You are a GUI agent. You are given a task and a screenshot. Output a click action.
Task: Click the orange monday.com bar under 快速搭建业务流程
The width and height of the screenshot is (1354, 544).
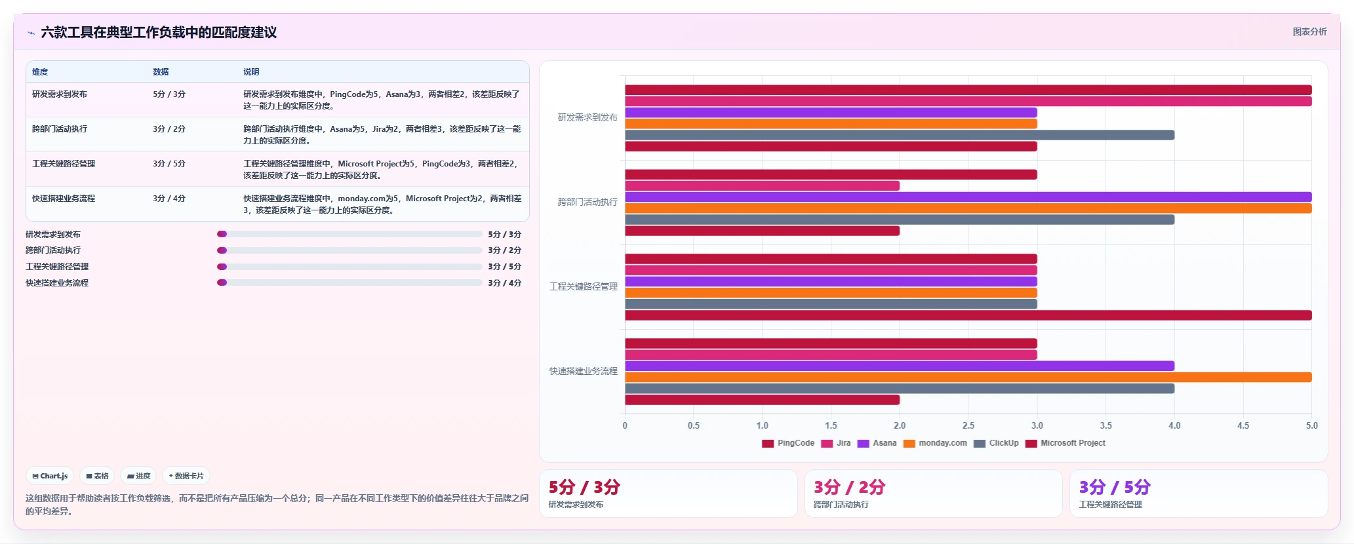968,378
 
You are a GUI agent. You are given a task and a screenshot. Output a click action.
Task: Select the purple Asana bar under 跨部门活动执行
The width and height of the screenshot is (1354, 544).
968,197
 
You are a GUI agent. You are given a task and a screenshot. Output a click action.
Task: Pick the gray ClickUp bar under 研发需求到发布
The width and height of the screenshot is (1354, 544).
900,135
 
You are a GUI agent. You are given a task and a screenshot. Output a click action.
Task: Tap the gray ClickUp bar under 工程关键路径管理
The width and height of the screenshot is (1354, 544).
831,304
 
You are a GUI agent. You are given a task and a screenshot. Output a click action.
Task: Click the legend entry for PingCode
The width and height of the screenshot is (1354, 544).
788,443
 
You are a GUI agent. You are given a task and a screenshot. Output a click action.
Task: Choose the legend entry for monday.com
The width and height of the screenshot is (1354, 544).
935,443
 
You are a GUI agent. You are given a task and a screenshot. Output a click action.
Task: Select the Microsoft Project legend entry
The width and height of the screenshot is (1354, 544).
1065,443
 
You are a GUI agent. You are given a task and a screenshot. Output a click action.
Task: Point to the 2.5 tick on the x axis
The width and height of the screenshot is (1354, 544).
968,425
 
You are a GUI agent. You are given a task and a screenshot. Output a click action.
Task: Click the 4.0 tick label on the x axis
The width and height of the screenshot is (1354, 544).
1174,425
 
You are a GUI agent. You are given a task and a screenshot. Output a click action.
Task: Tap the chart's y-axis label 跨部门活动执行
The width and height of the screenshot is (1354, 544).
587,202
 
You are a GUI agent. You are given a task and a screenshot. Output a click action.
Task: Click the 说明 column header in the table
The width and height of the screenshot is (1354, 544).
251,72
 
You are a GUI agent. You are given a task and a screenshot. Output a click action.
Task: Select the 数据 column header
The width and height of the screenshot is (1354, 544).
161,72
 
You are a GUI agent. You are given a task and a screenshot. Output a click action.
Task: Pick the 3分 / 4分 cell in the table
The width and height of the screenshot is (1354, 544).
169,199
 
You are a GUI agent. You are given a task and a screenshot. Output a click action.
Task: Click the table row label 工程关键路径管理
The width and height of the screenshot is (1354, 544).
64,164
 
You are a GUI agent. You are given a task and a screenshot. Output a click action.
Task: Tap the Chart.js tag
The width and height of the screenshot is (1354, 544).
50,476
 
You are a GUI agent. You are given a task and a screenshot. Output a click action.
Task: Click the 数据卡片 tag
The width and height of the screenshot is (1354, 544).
186,476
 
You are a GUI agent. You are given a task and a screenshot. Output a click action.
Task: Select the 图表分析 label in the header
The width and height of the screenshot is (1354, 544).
1309,31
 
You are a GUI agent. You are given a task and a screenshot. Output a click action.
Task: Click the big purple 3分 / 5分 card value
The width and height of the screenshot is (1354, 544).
1115,487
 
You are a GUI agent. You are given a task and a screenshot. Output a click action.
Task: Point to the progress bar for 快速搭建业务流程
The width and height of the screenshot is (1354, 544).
349,282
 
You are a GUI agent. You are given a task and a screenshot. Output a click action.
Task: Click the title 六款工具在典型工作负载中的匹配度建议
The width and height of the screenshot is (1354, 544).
159,32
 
